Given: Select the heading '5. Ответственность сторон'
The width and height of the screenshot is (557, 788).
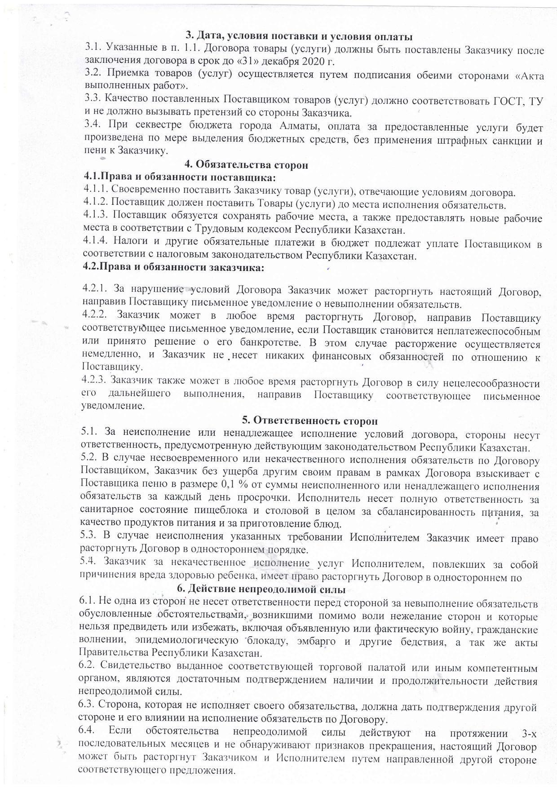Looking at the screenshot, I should (x=310, y=421).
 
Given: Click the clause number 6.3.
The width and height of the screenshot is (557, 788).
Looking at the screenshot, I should (x=86, y=707).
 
